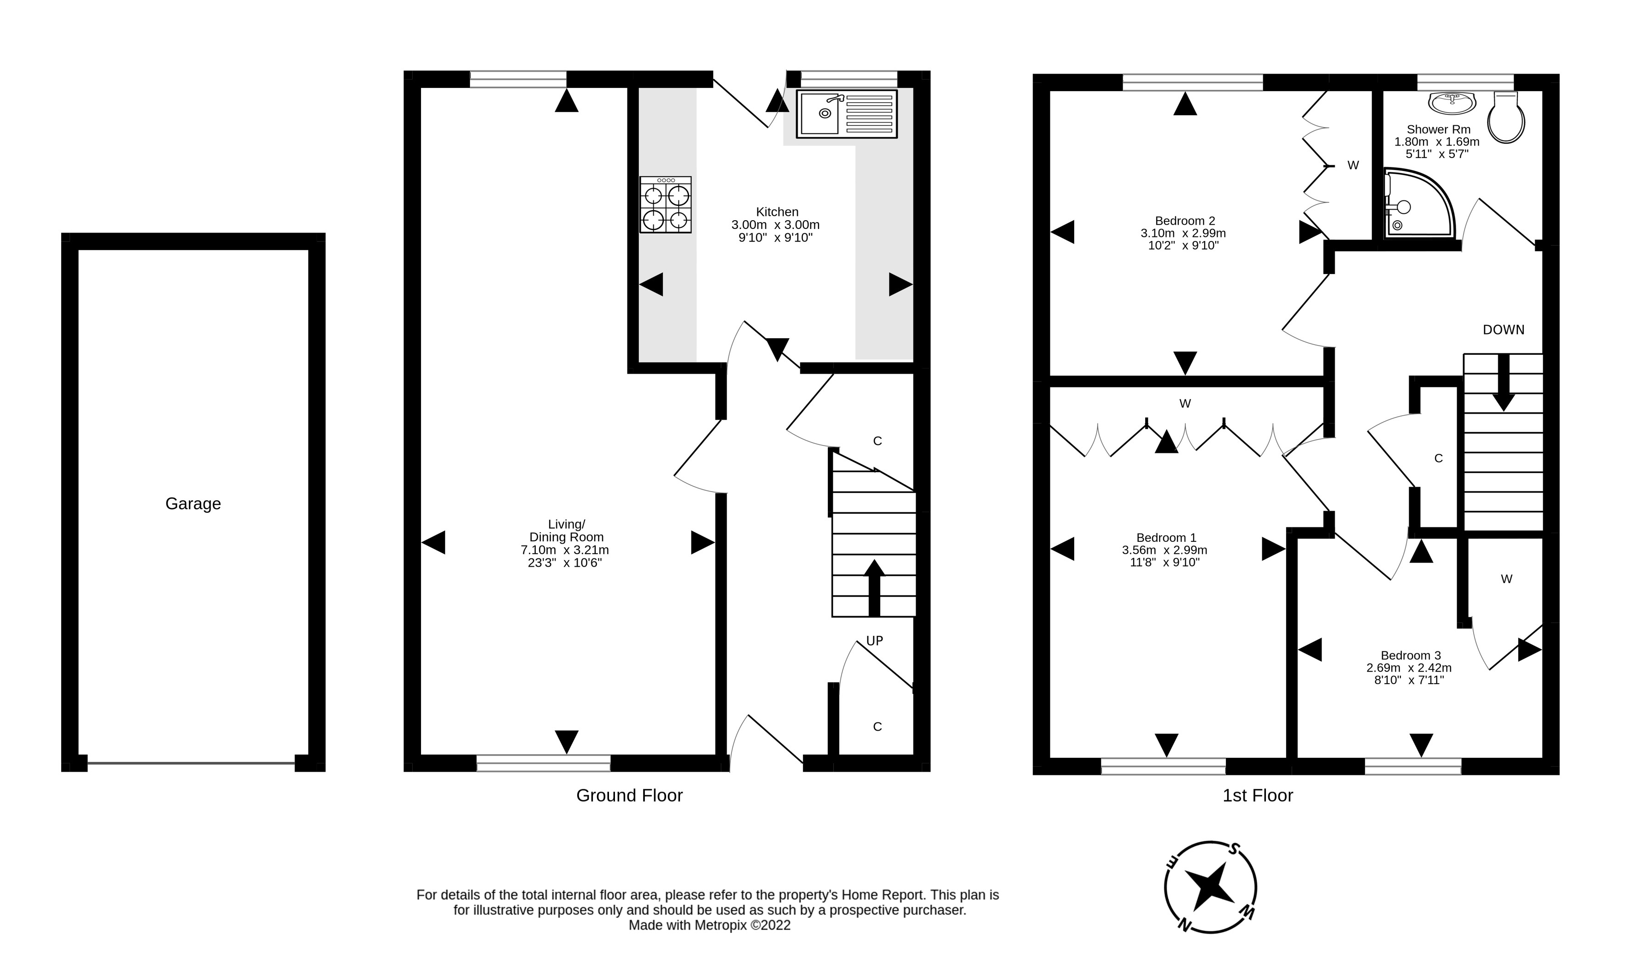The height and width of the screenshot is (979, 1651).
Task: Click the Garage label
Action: (193, 504)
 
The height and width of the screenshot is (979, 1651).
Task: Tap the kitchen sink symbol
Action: (846, 114)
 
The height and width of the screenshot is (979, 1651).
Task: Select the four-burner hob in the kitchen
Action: (666, 205)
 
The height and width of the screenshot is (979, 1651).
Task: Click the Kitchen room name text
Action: (777, 212)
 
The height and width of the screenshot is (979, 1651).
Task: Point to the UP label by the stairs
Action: (874, 640)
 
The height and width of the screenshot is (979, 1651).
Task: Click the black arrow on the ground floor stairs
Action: (874, 587)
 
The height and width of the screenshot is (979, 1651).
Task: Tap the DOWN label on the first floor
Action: (1503, 330)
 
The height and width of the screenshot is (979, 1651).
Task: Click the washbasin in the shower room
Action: (1452, 103)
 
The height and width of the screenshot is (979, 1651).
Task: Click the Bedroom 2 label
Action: (1185, 221)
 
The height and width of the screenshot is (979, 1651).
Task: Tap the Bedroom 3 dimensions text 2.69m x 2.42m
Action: (1409, 668)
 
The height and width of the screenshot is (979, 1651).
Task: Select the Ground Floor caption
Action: (629, 796)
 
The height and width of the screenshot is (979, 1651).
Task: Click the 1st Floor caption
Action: (1257, 796)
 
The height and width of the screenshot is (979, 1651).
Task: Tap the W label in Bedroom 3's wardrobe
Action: (1506, 579)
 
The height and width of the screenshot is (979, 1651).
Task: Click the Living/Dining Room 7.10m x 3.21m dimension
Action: (565, 550)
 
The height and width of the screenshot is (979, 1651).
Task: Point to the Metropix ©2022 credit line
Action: (709, 926)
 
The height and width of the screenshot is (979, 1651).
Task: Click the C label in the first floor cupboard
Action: (1439, 458)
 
